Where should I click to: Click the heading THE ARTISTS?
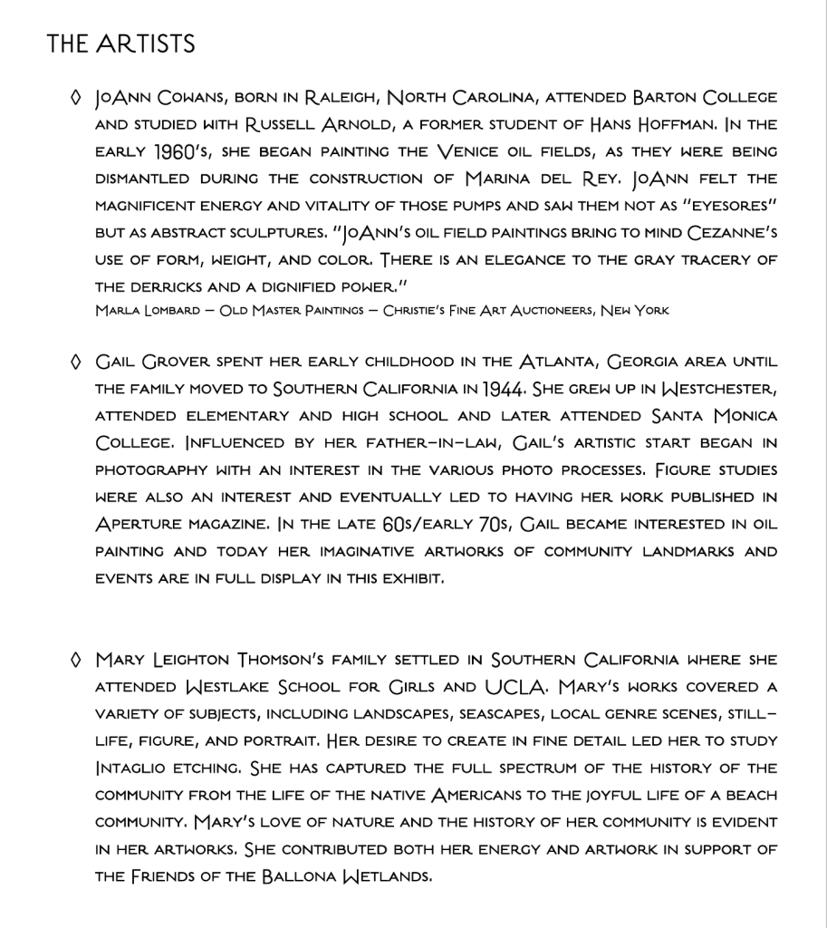pos(120,43)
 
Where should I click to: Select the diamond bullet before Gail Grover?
pos(77,362)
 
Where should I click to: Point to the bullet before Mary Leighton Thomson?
pos(77,660)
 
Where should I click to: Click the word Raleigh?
pos(337,97)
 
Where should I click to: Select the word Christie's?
pos(424,311)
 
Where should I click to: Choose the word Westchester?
pos(706,390)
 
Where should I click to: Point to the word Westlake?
pos(234,687)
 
